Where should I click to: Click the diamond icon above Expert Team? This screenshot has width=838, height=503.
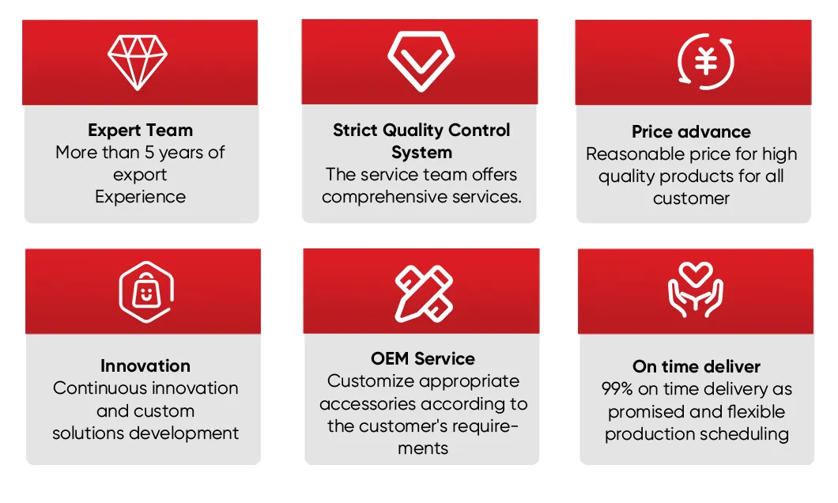point(138,61)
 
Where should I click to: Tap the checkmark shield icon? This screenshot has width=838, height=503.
point(421,60)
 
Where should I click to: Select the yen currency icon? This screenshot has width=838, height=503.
point(706,61)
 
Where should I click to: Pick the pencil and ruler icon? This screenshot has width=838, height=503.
point(424,292)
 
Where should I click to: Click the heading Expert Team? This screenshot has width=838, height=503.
point(140,130)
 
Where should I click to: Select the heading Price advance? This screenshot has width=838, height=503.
point(691,132)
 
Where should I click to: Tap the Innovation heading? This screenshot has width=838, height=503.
point(145,366)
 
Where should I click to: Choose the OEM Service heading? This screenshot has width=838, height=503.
point(423,359)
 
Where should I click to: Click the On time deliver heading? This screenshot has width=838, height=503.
point(696,367)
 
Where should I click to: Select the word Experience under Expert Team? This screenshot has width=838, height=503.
point(140,197)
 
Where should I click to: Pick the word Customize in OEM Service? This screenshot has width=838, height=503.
point(371,381)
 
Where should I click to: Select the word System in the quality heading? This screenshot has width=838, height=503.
point(421,152)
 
